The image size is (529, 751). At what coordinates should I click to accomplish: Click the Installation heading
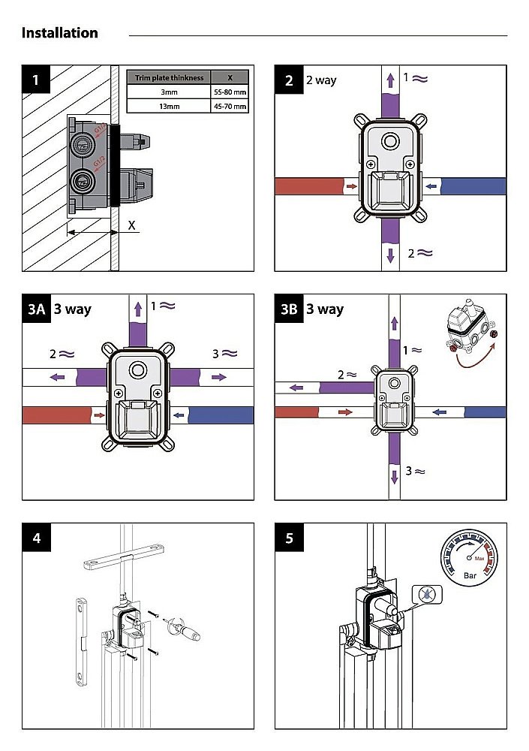59,33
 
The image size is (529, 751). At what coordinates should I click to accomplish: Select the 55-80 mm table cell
230,92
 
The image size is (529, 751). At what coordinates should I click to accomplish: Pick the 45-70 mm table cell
230,107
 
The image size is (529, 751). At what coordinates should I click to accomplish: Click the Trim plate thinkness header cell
169,77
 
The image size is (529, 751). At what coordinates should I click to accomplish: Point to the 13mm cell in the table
169,107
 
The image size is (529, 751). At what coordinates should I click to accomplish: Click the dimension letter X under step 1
131,225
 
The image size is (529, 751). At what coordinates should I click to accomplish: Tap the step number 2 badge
290,80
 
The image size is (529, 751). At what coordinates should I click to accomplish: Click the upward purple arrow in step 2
389,80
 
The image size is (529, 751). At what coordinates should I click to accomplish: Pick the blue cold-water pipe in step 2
473,185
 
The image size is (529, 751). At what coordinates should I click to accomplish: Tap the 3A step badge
36,309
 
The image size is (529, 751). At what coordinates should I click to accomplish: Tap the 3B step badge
290,309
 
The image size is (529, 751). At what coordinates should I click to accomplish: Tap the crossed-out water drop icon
426,595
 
